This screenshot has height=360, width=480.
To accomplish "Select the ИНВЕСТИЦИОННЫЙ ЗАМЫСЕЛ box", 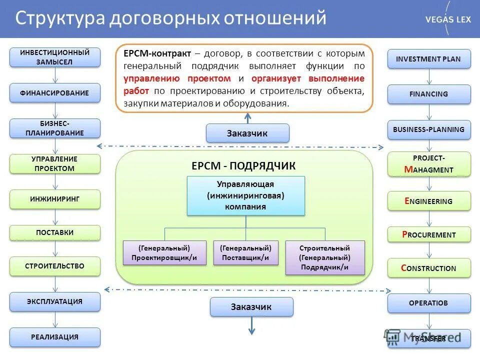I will tap(55, 57).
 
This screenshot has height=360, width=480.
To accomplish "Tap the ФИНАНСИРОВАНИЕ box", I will tap(55, 93).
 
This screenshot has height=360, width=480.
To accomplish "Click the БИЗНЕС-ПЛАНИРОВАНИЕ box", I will tap(55, 128).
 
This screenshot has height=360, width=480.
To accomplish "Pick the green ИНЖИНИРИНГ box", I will tap(55, 199).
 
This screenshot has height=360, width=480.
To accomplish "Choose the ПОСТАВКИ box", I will tap(55, 232).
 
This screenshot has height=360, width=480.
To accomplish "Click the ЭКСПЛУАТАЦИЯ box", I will tap(55, 301).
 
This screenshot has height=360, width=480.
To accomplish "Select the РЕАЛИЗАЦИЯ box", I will tap(55, 337).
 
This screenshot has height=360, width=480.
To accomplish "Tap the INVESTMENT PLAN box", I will tap(429, 59).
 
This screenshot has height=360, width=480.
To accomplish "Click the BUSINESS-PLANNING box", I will tap(429, 129).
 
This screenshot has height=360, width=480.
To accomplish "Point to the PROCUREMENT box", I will tap(429, 234).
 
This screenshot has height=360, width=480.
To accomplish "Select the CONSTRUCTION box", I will tap(429, 268).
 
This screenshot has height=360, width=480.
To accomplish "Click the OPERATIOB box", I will tap(429, 303).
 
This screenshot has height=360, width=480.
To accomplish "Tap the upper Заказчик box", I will tap(247, 133).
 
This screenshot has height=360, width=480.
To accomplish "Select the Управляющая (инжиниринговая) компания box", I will tap(245, 195).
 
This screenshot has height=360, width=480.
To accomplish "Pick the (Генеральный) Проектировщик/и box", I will tap(164, 253).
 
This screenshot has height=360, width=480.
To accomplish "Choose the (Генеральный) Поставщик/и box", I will tap(245, 253).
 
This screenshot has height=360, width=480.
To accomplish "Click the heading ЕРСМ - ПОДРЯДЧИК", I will tap(243, 166).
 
